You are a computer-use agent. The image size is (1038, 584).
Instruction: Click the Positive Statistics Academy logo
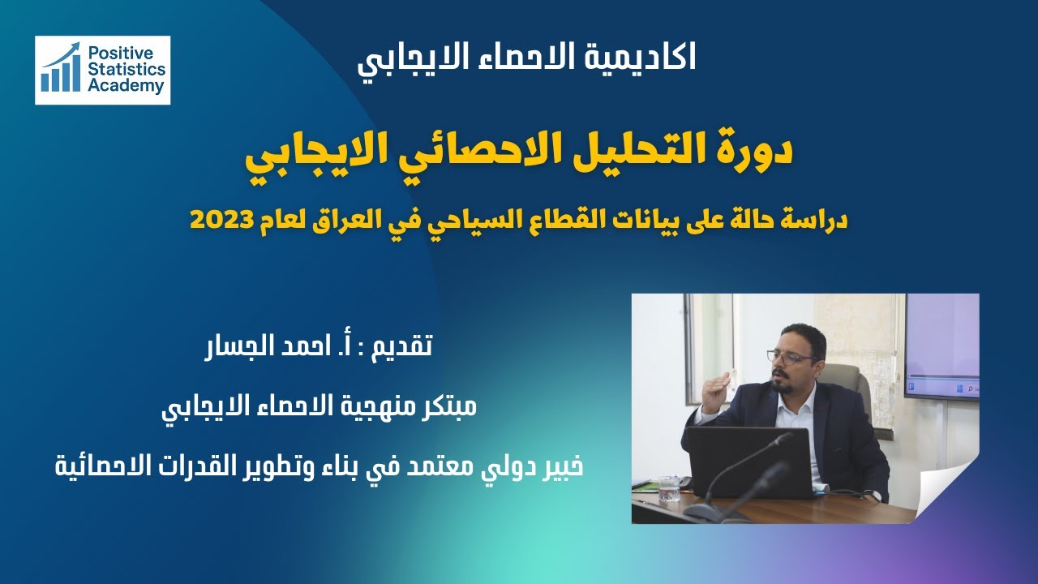click(102, 70)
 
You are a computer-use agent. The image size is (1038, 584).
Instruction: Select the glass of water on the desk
click(669, 487)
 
